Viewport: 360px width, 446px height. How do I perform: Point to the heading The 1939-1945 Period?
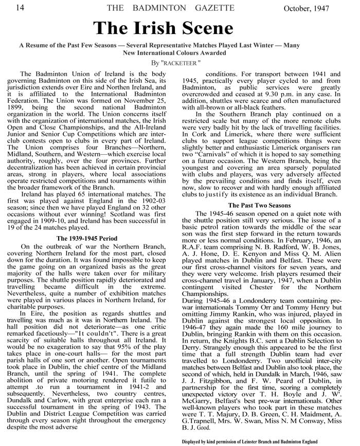click(86, 224)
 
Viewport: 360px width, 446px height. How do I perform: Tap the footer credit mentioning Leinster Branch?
click(249, 441)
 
